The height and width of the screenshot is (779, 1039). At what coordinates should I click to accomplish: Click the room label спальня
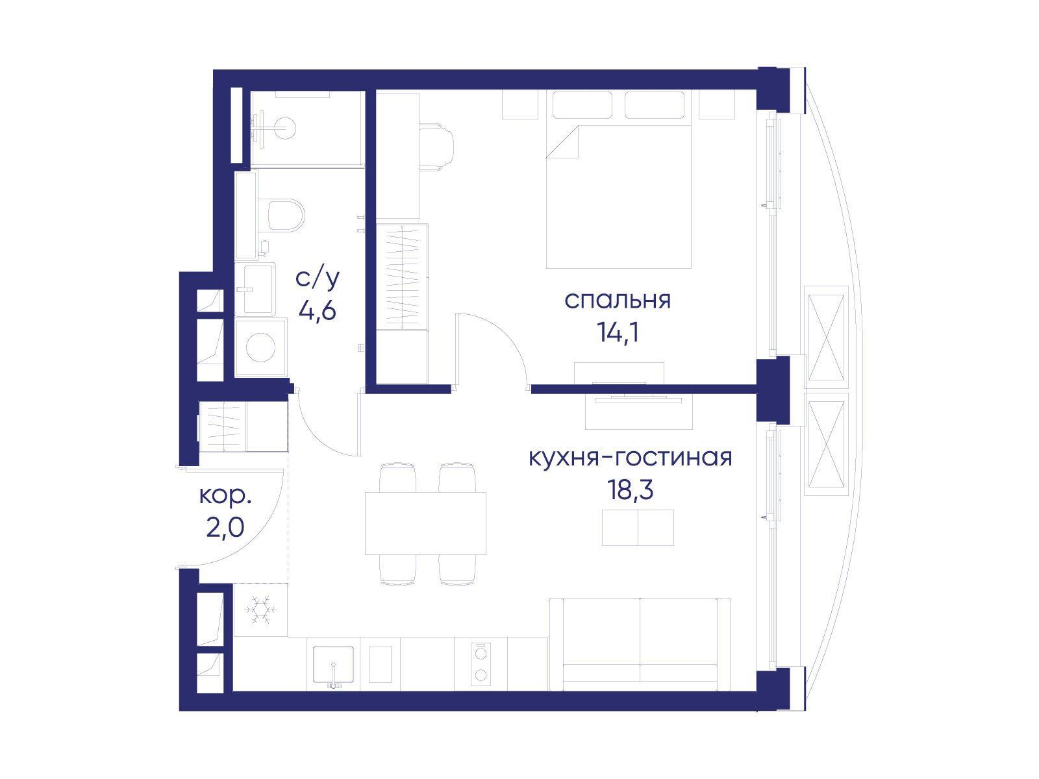(617, 301)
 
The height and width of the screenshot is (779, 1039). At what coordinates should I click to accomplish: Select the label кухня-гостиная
(631, 458)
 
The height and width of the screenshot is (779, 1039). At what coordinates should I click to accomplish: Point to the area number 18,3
(630, 491)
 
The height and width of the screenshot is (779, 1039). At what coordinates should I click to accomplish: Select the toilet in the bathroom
(286, 216)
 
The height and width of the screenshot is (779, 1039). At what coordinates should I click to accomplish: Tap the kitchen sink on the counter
(333, 665)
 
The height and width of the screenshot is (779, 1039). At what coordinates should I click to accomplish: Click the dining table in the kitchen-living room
(425, 524)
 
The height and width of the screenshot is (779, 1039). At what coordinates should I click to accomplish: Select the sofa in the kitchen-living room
(640, 645)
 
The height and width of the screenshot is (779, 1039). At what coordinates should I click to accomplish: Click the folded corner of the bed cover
(562, 142)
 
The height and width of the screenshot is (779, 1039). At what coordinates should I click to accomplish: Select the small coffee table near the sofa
(638, 527)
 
